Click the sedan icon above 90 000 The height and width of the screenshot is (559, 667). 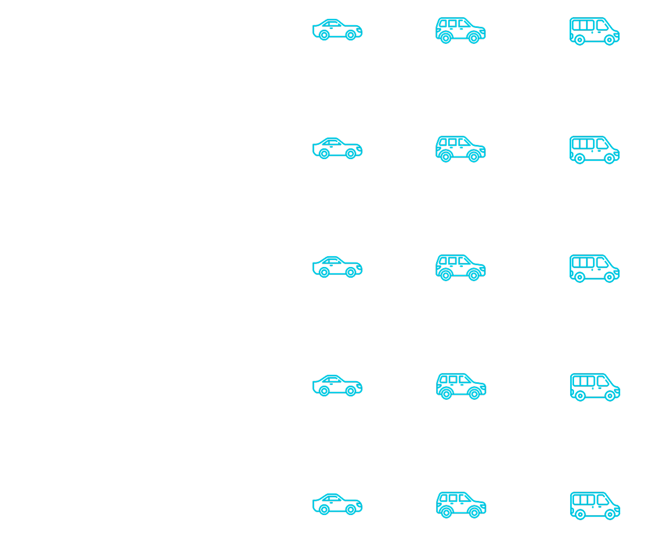(337, 148)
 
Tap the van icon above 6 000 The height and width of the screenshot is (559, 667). (594, 268)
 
